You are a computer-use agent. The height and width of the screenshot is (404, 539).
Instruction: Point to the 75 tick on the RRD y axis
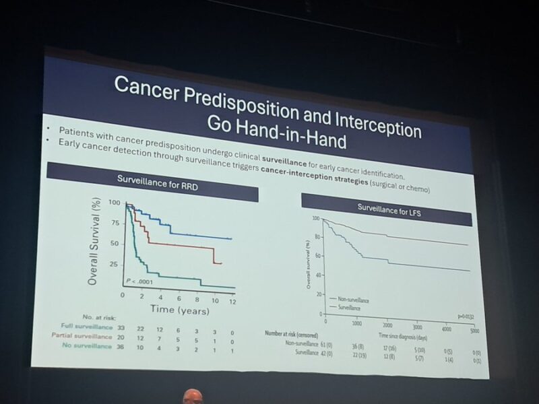pyautogui.click(x=115, y=223)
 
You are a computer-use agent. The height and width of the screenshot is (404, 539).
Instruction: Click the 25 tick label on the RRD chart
pyautogui.click(x=115, y=264)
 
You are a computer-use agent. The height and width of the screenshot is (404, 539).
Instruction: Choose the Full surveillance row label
pyautogui.click(x=84, y=325)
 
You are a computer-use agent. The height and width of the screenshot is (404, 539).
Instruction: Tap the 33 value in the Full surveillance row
pyautogui.click(x=122, y=327)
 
